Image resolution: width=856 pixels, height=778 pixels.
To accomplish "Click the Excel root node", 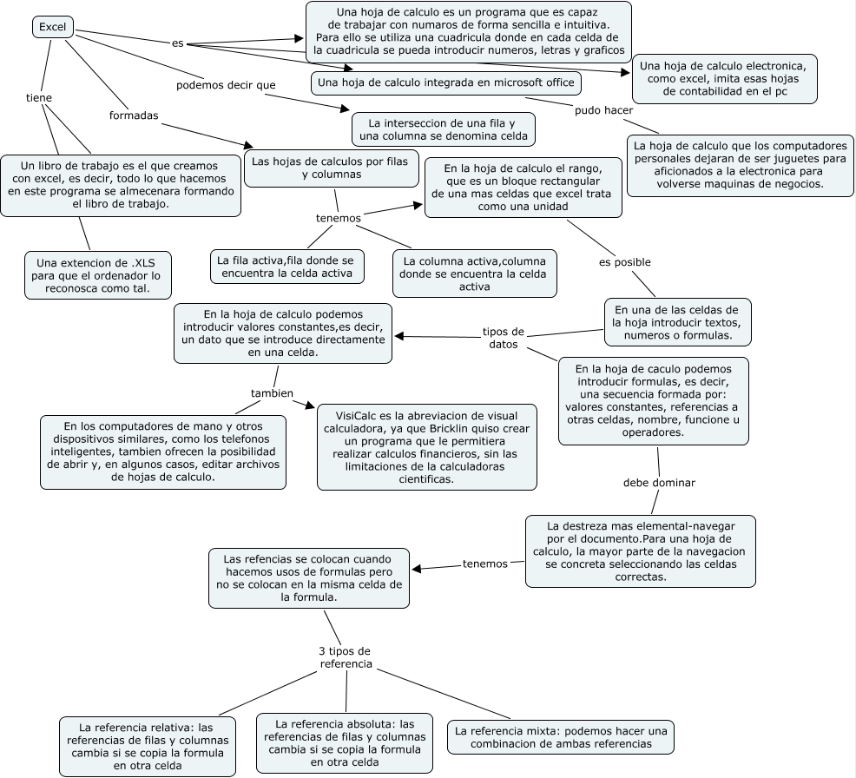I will coord(53,27).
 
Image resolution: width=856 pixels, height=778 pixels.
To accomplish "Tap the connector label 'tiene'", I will coord(39,98).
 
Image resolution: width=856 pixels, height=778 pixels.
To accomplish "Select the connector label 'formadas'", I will coord(134,115).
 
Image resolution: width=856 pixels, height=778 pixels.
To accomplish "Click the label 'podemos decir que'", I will coord(226,85).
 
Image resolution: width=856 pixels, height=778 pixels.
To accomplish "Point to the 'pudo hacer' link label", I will coord(603,110).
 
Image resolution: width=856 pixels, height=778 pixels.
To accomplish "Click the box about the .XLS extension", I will coord(97,274).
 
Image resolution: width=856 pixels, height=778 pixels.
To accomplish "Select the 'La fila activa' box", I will coord(286,267).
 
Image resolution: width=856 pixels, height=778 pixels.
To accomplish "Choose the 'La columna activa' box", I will coord(473,274).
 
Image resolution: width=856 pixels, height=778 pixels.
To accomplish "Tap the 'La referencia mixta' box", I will coord(560,737).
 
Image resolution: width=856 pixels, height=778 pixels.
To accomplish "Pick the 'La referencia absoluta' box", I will coord(345,742).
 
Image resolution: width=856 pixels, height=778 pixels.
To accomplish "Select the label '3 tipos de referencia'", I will coord(346,657).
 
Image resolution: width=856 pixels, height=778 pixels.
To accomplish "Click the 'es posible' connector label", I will coord(624,262).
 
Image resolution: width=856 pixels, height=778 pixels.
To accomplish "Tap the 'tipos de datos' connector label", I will coord(503,338).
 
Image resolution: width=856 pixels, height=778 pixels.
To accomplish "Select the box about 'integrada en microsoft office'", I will coord(444,82).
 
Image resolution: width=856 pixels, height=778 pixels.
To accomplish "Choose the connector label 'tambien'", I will coord(271,392).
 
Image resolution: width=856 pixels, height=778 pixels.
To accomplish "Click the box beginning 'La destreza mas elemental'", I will coord(640,551).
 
